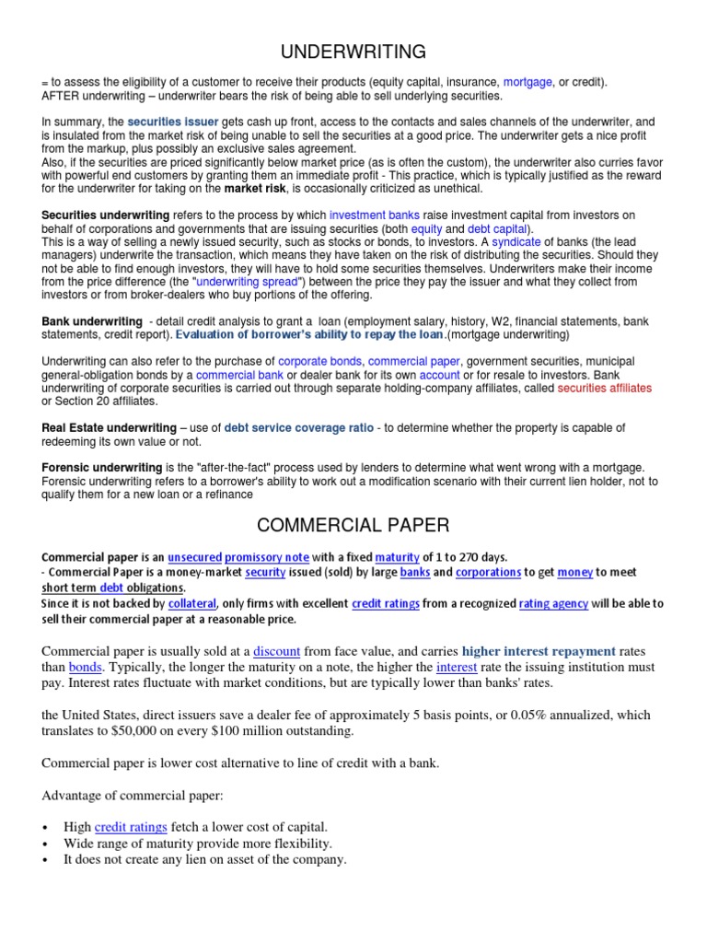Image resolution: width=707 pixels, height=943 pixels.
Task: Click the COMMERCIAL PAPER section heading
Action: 353,526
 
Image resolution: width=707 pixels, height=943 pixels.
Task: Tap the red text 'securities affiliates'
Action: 604,388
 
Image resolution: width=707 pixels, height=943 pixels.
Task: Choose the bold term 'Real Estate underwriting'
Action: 109,428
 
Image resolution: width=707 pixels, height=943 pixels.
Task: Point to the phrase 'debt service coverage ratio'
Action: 299,428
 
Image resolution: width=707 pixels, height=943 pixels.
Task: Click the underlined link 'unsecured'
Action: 194,557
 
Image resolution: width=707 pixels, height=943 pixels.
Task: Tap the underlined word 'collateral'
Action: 191,604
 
